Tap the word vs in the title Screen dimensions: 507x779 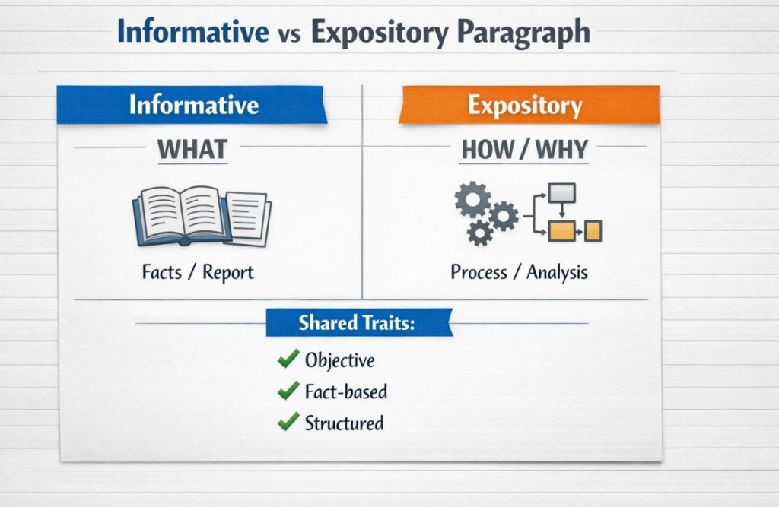click(289, 34)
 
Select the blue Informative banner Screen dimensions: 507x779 click(192, 105)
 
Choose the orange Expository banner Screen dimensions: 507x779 click(525, 105)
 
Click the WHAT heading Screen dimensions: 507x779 click(192, 149)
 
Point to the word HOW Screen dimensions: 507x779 click(488, 150)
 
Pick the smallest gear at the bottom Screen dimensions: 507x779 click(479, 232)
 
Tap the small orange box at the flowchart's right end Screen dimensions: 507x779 click(593, 230)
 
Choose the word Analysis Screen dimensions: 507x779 click(558, 272)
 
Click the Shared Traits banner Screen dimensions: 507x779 click(358, 322)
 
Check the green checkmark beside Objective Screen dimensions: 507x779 click(288, 359)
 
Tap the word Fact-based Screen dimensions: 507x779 click(345, 391)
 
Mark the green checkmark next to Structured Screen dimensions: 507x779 click(288, 421)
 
